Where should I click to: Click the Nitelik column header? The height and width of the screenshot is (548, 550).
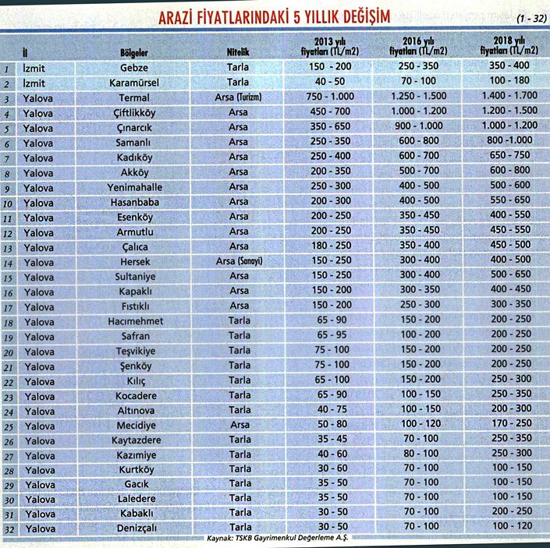(x=238, y=52)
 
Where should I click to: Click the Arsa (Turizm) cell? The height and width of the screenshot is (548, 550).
(x=238, y=97)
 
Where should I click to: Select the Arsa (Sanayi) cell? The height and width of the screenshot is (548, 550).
(x=238, y=260)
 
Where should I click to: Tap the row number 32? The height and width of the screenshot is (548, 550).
(x=9, y=529)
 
